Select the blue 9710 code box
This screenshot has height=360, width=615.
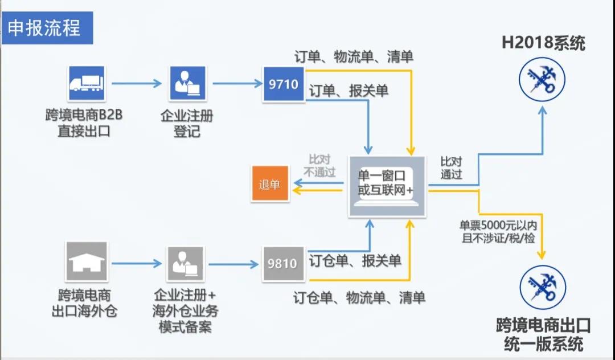284,84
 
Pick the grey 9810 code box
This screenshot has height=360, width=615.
282,264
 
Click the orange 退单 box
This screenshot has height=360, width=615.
270,185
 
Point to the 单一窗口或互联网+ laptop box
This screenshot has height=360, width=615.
387,185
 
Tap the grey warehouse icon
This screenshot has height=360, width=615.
86,262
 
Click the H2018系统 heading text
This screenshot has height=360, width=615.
543,43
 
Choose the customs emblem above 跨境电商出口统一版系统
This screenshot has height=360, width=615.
543,288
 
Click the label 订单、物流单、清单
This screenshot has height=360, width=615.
354,57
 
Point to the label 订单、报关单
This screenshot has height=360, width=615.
348,91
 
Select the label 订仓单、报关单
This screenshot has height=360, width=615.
355,261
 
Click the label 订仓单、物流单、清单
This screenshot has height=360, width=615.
359,297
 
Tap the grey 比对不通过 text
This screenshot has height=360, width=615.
320,166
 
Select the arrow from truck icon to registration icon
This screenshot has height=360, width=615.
137,84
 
